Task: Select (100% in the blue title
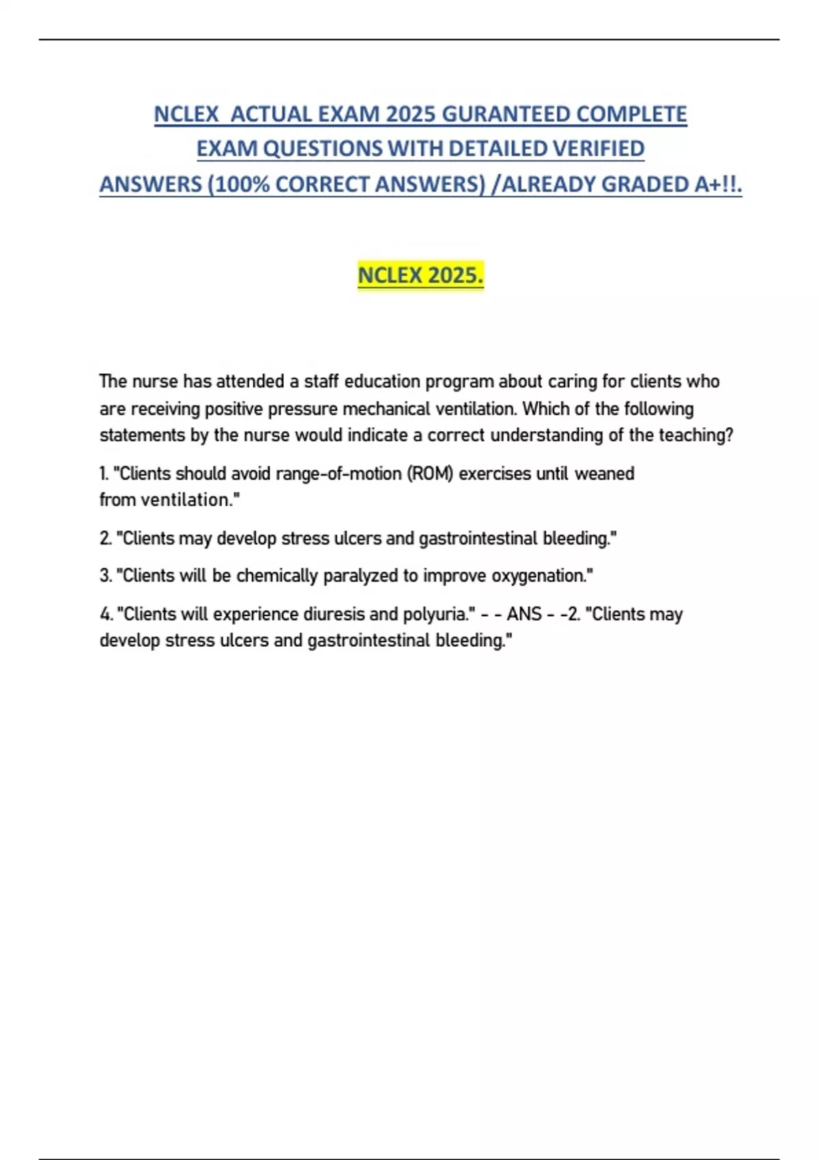[238, 184]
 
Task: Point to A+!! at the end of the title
[717, 184]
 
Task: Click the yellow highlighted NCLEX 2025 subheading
[420, 276]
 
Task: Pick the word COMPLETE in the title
[631, 114]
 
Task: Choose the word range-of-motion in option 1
[339, 474]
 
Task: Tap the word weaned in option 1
[605, 474]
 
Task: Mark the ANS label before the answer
[524, 614]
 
